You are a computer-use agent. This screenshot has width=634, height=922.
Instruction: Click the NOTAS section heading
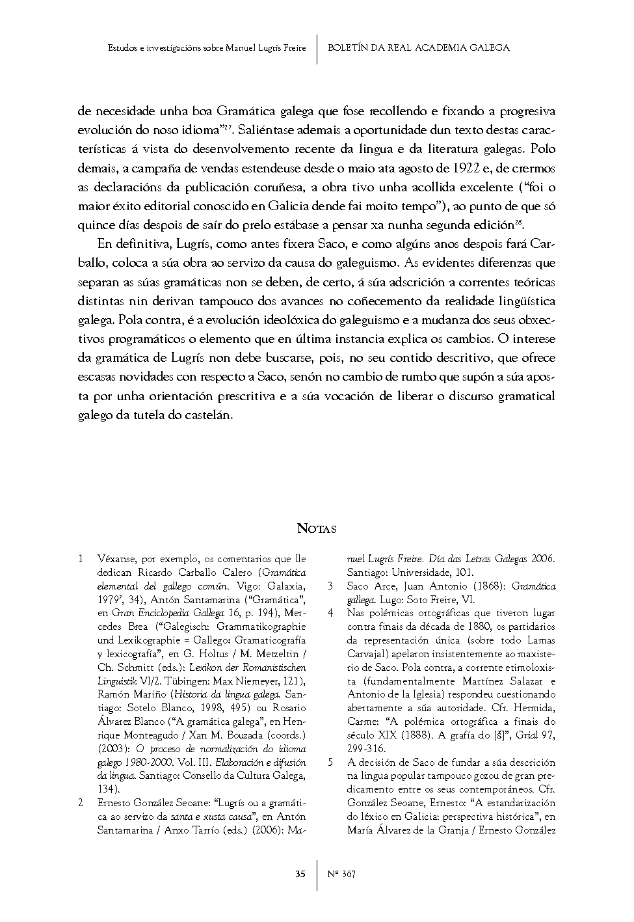[317, 528]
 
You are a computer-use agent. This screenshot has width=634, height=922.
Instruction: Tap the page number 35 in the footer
[300, 874]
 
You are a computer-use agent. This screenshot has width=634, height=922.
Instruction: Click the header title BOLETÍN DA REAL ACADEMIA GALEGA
[419, 47]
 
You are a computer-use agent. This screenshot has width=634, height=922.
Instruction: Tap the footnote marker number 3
[330, 586]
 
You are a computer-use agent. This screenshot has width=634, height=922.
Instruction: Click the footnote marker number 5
[330, 762]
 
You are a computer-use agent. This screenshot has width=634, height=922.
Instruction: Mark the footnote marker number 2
[81, 803]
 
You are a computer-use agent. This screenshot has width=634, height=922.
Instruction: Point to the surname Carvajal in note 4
[367, 654]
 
